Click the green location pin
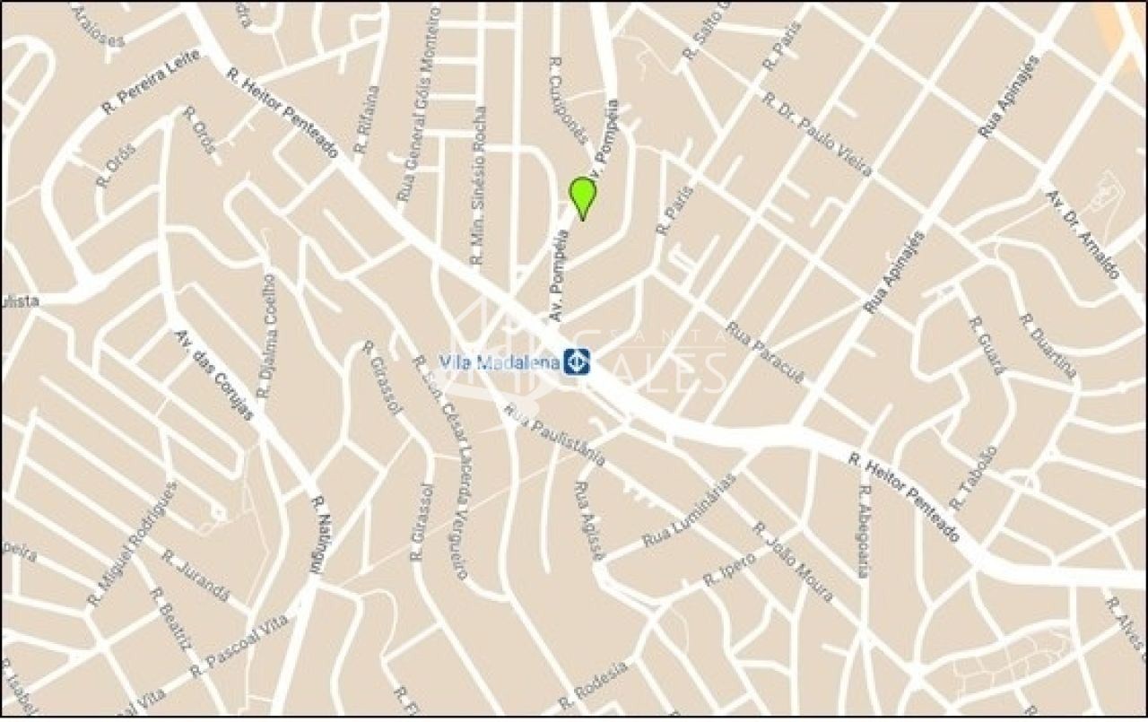tap(583, 196)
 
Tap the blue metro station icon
tap(576, 361)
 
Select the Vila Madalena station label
tap(500, 362)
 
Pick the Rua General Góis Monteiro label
tap(417, 103)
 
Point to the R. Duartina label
tap(1048, 346)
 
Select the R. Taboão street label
tap(973, 479)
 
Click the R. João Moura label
tap(793, 561)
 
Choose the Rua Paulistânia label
tap(555, 434)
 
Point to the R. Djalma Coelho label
tap(266, 336)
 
